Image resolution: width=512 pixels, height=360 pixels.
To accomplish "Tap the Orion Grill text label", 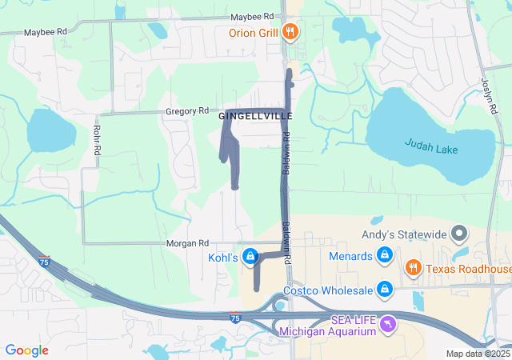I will point(252,33).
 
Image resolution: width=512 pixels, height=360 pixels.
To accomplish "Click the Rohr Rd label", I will point(97,140).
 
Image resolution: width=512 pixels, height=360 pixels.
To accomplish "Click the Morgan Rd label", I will point(187,242).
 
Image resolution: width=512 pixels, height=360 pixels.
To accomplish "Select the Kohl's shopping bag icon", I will point(250,256).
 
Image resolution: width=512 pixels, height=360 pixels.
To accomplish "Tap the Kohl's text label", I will point(224,258).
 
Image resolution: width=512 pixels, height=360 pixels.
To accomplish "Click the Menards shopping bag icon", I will point(385,256).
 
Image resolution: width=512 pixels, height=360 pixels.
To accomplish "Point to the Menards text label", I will point(350,256).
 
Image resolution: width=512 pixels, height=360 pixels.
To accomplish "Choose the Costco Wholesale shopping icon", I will point(385,288).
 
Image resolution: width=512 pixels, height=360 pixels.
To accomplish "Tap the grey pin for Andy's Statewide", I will point(459,234).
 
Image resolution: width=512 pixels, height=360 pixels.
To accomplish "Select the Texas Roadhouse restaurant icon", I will point(413,269).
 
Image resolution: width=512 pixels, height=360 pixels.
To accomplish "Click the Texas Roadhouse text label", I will point(468,269).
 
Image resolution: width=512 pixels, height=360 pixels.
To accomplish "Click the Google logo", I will point(26,350).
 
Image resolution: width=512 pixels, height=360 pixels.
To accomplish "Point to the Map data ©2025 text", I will point(478,354).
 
